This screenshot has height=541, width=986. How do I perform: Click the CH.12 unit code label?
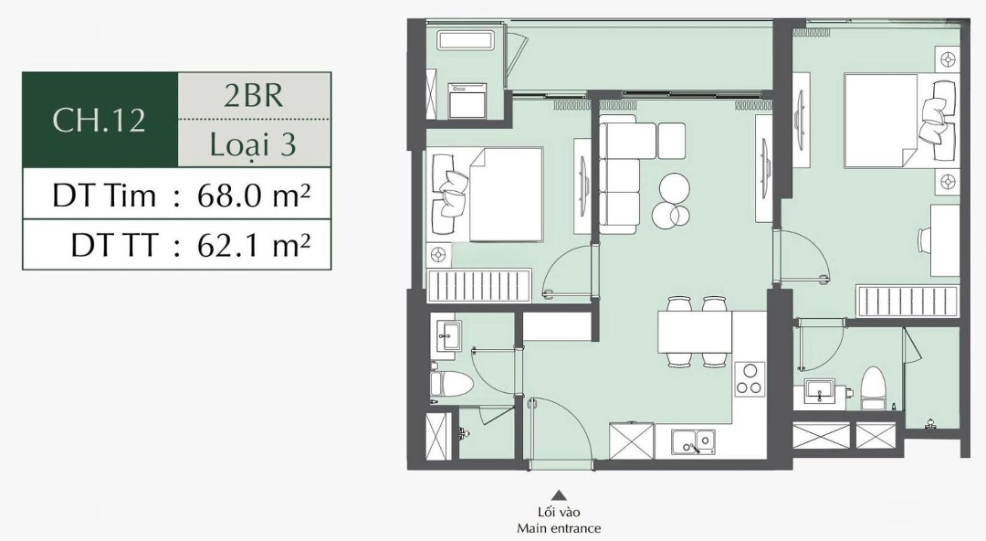100,120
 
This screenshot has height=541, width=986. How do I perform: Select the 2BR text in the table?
254,95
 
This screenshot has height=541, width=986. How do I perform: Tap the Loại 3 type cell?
253,145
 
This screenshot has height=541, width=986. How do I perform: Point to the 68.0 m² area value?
254,196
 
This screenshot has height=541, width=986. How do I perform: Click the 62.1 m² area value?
254,244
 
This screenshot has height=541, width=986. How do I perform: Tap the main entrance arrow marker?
559,495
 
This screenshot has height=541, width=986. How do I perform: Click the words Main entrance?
559,528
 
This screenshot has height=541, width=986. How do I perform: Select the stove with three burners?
750,379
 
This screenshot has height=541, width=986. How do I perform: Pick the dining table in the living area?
695,332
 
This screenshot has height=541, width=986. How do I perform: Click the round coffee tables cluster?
672,201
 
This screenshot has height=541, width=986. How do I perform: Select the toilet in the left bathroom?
450,382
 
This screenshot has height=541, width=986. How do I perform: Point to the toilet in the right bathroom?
872,389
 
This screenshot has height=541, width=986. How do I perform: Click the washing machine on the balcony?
466,101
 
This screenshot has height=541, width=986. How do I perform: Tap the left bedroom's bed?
488,195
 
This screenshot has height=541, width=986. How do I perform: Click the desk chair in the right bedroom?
925,240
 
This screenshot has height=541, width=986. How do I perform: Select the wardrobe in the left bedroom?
479,287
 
